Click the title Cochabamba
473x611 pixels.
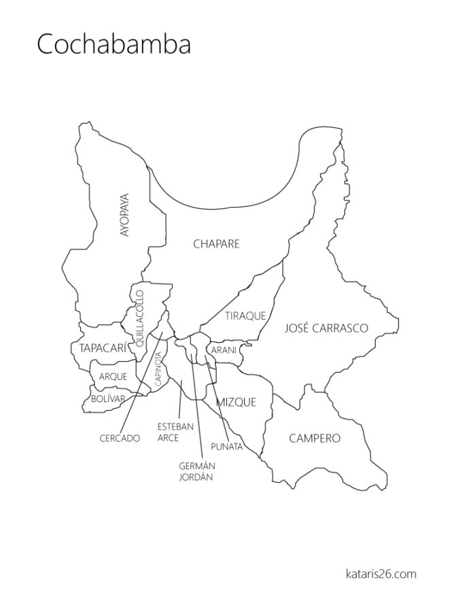click(x=113, y=45)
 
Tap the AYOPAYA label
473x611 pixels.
click(x=124, y=215)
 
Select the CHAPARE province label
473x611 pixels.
click(x=216, y=244)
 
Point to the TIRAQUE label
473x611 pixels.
click(x=245, y=316)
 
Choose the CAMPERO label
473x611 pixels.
click(x=315, y=438)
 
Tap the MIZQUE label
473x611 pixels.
click(x=236, y=403)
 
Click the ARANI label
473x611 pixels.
click(x=223, y=350)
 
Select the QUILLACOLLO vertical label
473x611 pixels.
click(x=140, y=319)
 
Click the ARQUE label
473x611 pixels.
click(x=113, y=376)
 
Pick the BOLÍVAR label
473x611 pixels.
click(x=108, y=399)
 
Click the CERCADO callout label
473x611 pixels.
click(x=120, y=438)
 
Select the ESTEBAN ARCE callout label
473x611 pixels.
click(x=175, y=432)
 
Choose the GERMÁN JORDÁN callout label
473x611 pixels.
click(x=196, y=471)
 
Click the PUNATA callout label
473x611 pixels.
click(x=226, y=446)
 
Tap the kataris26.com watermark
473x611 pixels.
click(x=380, y=574)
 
